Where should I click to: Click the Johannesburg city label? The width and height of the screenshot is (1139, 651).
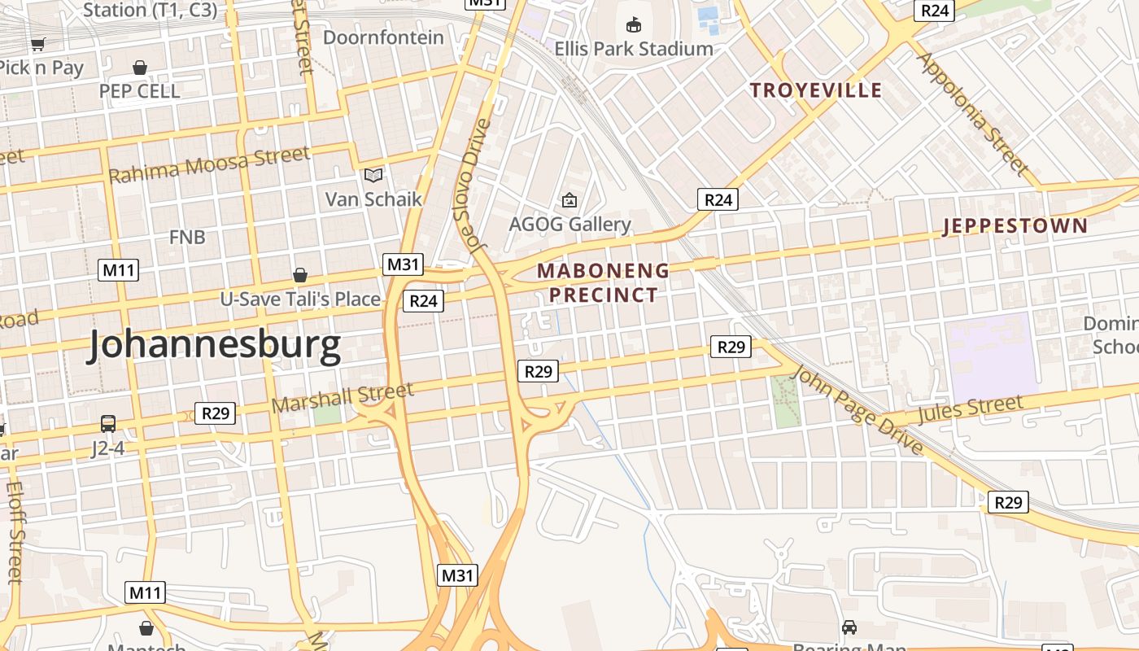215,345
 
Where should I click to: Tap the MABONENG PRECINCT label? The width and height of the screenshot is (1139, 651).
603,282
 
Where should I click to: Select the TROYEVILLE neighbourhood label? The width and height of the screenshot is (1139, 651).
816,90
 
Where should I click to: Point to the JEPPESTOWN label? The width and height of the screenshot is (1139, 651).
1015,226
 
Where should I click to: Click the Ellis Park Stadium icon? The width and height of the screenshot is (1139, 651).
634,25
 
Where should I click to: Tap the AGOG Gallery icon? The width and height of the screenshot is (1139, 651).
569,199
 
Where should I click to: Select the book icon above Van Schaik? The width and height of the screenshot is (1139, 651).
373,175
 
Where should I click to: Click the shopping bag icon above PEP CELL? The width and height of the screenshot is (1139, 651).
140,67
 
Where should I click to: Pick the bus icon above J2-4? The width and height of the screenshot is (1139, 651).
108,423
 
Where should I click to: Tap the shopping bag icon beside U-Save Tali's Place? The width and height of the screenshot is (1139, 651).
300,275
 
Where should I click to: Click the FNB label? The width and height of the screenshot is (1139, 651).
187,238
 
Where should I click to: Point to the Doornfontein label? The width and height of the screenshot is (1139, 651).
384,37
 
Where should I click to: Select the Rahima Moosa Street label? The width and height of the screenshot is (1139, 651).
209,164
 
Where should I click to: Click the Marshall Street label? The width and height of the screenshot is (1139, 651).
343,398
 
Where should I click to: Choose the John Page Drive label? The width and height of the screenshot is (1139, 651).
858,410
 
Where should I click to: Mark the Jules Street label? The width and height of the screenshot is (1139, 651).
970,409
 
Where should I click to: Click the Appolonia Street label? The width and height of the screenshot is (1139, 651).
971,114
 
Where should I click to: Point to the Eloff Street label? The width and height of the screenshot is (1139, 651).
15,533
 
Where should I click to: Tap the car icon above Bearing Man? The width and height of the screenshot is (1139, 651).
849,627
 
